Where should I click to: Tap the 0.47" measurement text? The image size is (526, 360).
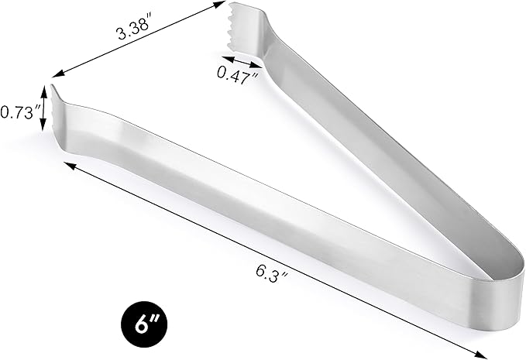click(238, 74)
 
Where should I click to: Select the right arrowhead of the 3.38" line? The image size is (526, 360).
click(221, 5)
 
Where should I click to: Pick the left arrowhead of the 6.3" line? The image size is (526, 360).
click(68, 165)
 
